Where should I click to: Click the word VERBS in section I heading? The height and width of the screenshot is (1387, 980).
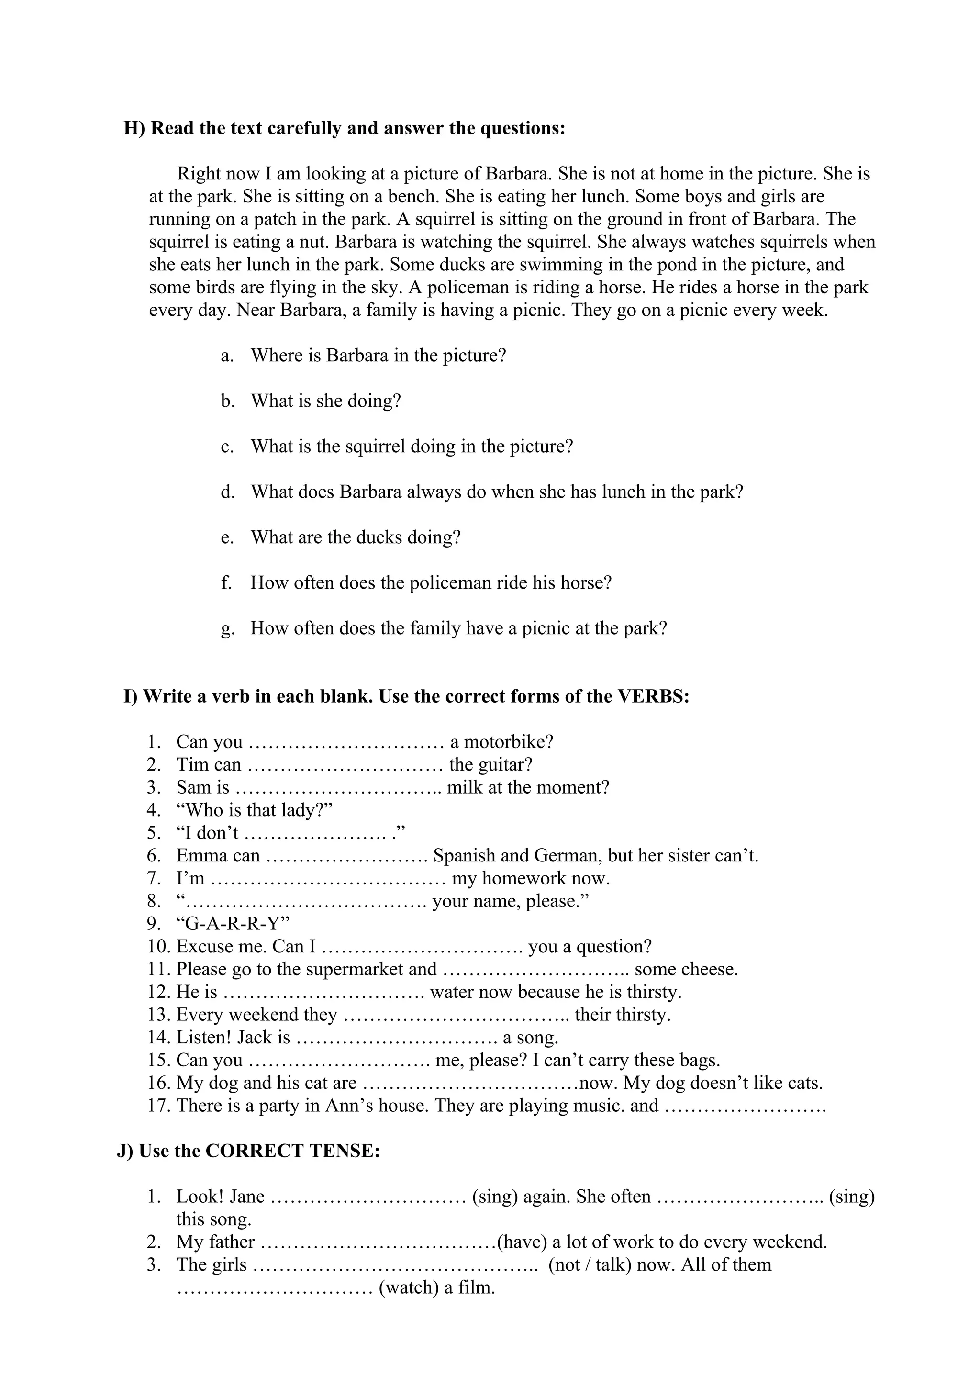tap(653, 696)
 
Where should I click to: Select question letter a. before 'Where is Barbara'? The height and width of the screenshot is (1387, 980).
tap(226, 355)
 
